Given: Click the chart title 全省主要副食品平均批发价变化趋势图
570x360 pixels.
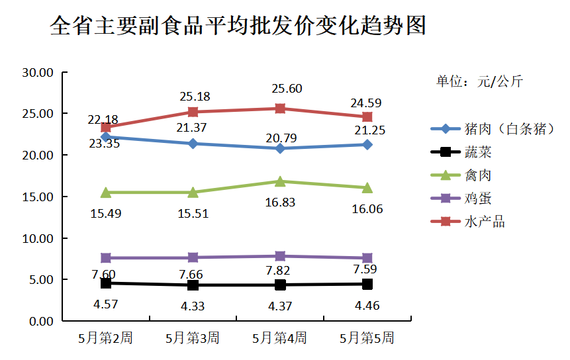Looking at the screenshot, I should (x=238, y=26).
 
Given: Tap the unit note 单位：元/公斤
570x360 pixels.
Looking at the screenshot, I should (x=479, y=81).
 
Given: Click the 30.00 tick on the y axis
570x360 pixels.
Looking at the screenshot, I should (x=37, y=72).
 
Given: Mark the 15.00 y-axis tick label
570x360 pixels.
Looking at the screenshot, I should (x=37, y=197).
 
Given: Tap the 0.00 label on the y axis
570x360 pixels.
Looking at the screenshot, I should (x=40, y=321).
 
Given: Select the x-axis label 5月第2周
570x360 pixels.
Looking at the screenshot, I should (x=105, y=338).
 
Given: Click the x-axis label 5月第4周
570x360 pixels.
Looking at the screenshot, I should (x=279, y=338).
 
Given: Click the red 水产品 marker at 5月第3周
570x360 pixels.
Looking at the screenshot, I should (x=193, y=112).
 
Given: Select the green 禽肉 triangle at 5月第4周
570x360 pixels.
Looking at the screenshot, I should (x=280, y=181).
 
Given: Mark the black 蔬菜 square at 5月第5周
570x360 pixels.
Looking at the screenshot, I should (x=367, y=284).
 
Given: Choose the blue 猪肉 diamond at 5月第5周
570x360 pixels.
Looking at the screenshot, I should (x=367, y=144).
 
